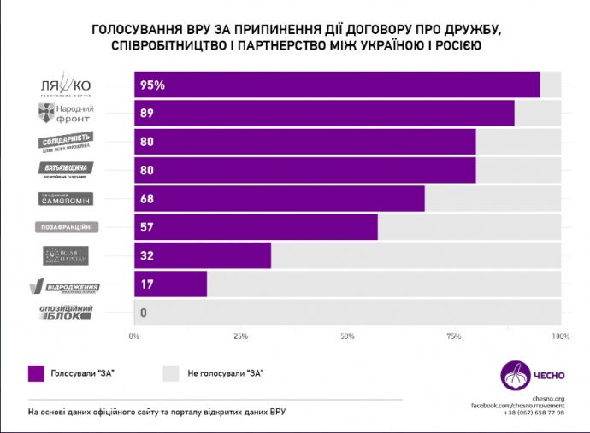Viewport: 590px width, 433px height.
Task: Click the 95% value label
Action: pos(153,85)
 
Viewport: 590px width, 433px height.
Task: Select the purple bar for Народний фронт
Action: pos(324,114)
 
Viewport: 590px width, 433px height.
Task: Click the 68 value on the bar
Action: pos(146,199)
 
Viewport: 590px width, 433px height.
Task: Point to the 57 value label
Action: pos(146,227)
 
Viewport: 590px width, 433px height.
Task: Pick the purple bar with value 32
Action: pos(203,255)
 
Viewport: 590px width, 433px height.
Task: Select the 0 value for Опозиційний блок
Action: pos(143,313)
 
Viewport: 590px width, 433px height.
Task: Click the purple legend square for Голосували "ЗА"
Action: pos(36,372)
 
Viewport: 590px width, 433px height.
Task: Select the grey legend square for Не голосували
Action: pos(170,372)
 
